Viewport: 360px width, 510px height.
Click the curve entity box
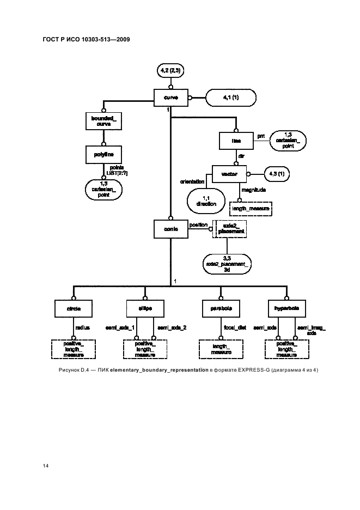(171, 98)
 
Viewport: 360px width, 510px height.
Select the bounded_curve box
(103, 121)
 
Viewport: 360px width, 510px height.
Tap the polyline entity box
(103, 155)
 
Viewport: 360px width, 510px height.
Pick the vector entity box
(229, 174)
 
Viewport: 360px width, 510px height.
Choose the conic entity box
(170, 229)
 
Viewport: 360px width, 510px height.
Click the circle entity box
(74, 308)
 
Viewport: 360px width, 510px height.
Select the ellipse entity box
(144, 308)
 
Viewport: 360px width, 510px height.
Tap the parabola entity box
(220, 308)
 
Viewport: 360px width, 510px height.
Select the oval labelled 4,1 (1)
(231, 98)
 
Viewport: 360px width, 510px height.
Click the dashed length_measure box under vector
(251, 208)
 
